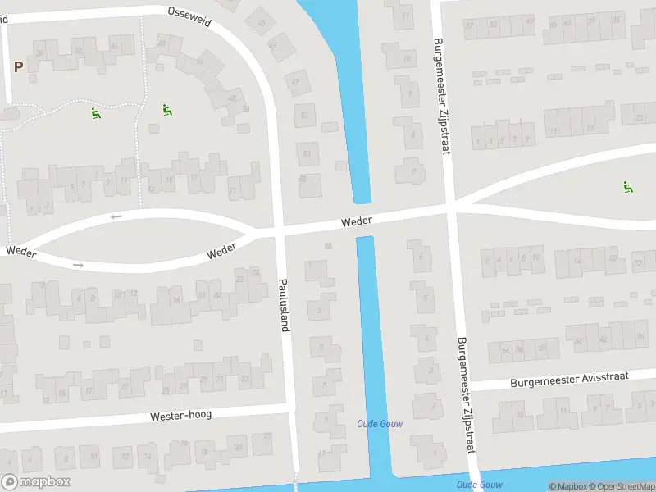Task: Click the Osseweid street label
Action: click(x=189, y=16)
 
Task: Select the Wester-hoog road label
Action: click(x=180, y=416)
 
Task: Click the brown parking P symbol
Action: click(x=18, y=66)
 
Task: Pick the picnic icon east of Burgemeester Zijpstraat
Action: click(x=628, y=187)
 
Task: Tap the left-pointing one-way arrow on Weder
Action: click(x=116, y=216)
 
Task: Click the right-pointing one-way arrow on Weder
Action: click(x=79, y=265)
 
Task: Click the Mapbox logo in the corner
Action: click(x=36, y=482)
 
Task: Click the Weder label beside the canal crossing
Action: click(x=357, y=221)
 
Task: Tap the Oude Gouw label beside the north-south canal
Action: click(x=380, y=423)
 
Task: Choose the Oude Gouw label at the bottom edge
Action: click(x=480, y=485)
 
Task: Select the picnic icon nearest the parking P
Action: click(x=96, y=113)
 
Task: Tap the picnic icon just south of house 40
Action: click(x=166, y=110)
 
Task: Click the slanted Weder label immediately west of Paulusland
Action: click(x=221, y=250)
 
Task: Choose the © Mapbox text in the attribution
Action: click(x=567, y=486)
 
